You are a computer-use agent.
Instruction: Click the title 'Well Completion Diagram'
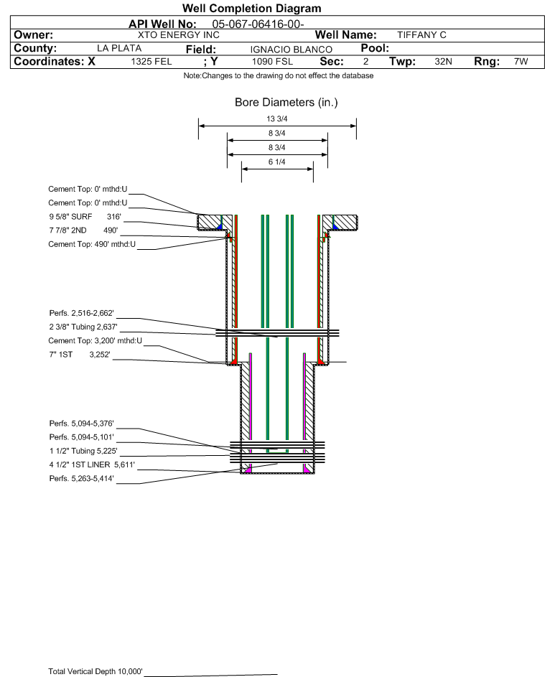tap(251, 8)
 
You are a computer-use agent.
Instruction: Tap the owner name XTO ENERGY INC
tap(178, 34)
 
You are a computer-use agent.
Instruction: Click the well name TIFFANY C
tap(421, 34)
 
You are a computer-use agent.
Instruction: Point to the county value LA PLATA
tap(119, 48)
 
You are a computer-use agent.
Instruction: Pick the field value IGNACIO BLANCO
tap(291, 49)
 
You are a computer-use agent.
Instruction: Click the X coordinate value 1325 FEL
tap(152, 62)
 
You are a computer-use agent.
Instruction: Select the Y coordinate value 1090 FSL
tap(272, 62)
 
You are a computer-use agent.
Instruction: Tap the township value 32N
tap(443, 62)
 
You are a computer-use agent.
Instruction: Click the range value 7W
tap(521, 62)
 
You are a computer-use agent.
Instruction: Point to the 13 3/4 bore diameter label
tap(277, 119)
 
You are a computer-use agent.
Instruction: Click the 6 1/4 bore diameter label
tap(277, 162)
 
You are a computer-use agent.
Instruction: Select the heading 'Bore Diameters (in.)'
tap(286, 103)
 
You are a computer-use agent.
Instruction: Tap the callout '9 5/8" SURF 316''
tap(85, 216)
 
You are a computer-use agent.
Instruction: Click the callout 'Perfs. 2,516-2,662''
tap(82, 313)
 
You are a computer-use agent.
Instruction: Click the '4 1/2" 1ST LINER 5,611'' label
tap(92, 464)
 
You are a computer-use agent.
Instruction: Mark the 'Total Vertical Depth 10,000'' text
tap(96, 671)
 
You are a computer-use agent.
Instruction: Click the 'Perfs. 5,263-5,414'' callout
tap(82, 478)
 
